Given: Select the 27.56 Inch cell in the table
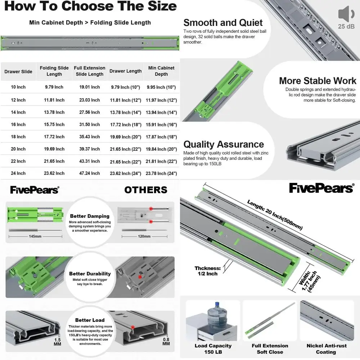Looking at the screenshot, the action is (x=90, y=112).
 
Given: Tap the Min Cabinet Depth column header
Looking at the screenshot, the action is (x=161, y=71).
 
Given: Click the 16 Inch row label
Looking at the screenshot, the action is (x=18, y=125).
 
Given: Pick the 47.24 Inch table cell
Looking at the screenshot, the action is (x=90, y=174).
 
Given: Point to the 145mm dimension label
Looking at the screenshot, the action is (x=35, y=236).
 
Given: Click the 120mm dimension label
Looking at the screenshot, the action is (x=144, y=236).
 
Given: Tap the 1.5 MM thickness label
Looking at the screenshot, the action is (x=57, y=342).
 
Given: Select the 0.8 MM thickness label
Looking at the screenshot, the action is (x=166, y=342).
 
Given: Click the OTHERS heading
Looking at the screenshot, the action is (x=146, y=190).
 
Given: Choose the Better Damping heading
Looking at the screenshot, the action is (x=90, y=216).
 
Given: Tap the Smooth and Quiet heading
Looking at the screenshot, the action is (x=223, y=23).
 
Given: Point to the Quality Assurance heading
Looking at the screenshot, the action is (x=224, y=144).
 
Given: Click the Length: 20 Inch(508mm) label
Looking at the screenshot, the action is (x=275, y=215).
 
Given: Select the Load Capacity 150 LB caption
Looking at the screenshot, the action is (x=213, y=349).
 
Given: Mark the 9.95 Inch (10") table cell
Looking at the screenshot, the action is (x=161, y=87).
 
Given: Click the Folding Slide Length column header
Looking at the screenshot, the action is (x=54, y=71).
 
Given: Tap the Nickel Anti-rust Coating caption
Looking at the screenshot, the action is (x=327, y=349).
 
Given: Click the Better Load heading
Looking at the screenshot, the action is (x=90, y=320).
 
